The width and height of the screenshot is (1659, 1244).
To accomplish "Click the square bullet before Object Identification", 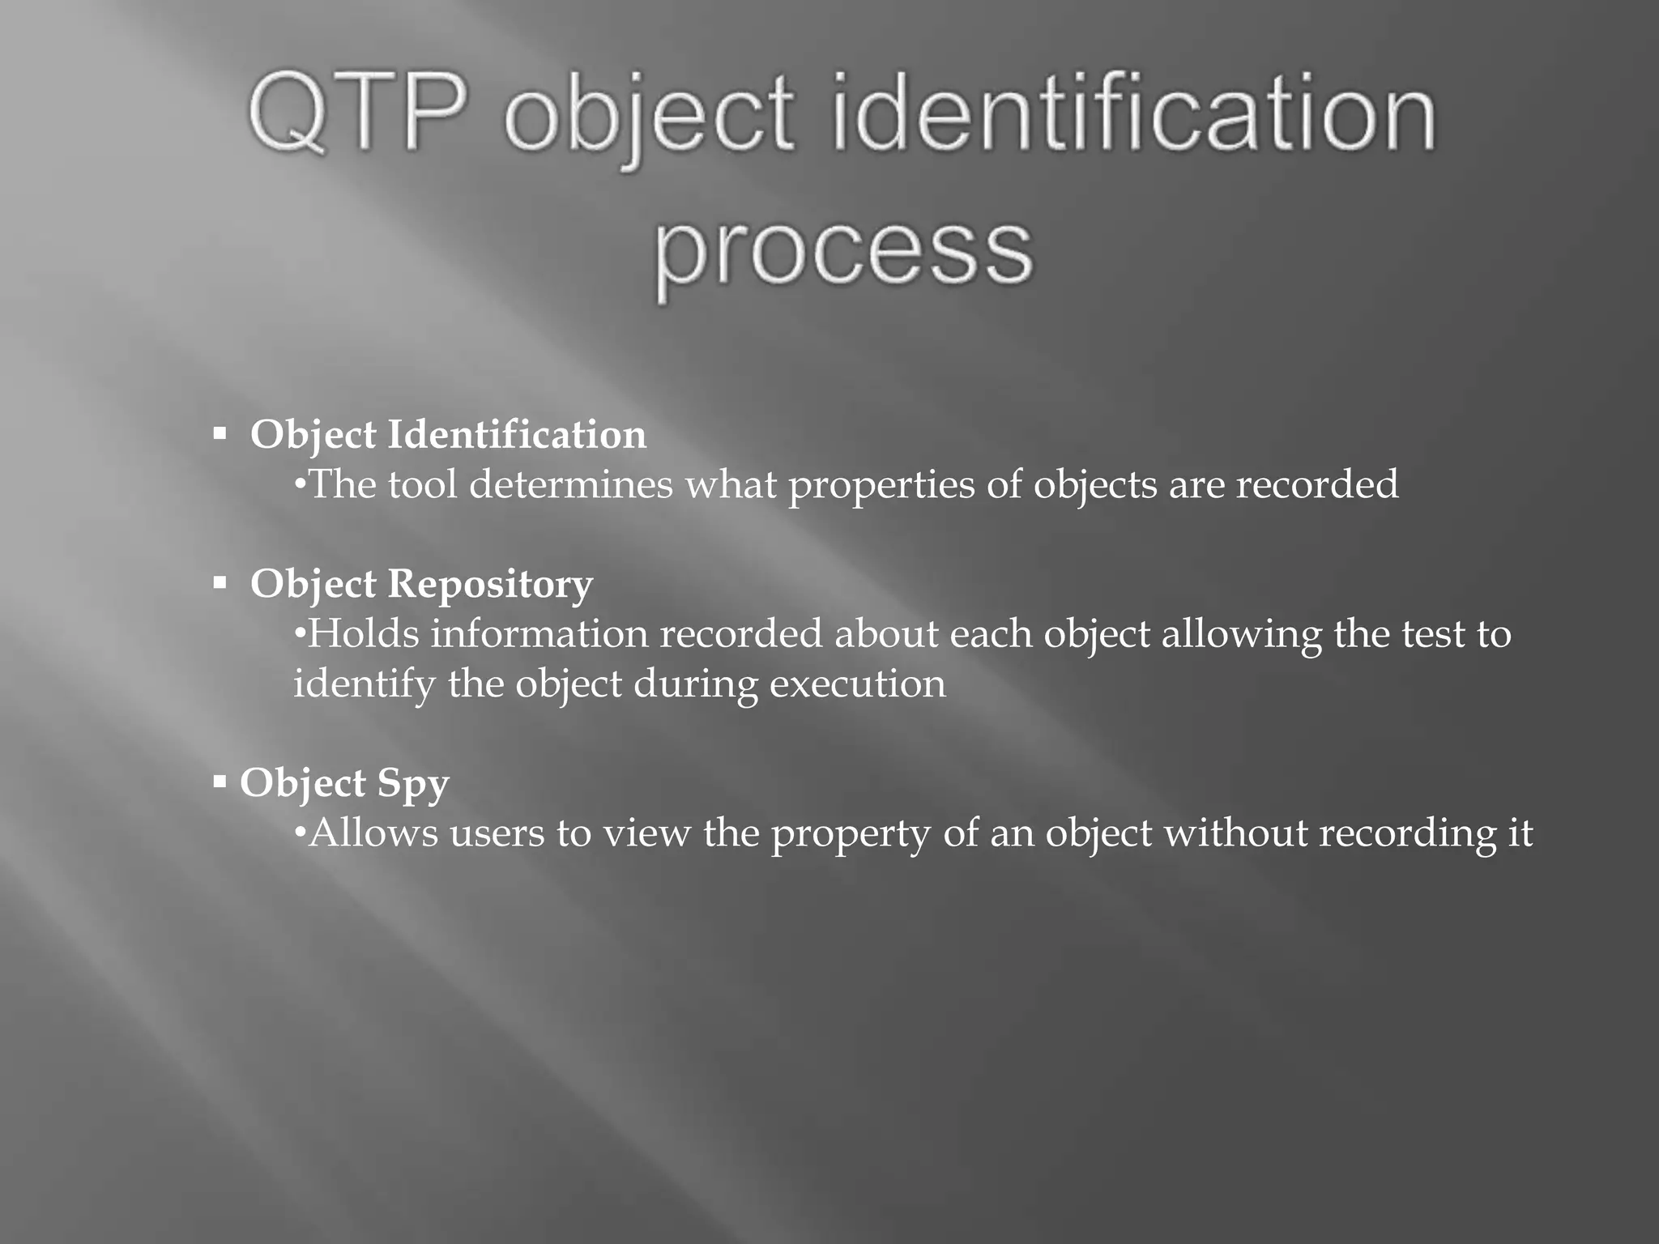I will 220,434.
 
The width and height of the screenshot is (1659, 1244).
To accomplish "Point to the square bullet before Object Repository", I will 220,583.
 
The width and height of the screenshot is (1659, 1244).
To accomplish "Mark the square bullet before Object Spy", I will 220,782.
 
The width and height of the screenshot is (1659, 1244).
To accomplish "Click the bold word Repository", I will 490,585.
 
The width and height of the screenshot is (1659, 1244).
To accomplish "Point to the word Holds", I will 364,633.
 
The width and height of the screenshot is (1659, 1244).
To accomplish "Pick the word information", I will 539,633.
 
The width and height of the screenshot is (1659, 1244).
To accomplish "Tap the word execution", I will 857,684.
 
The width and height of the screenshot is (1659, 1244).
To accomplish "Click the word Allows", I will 373,833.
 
